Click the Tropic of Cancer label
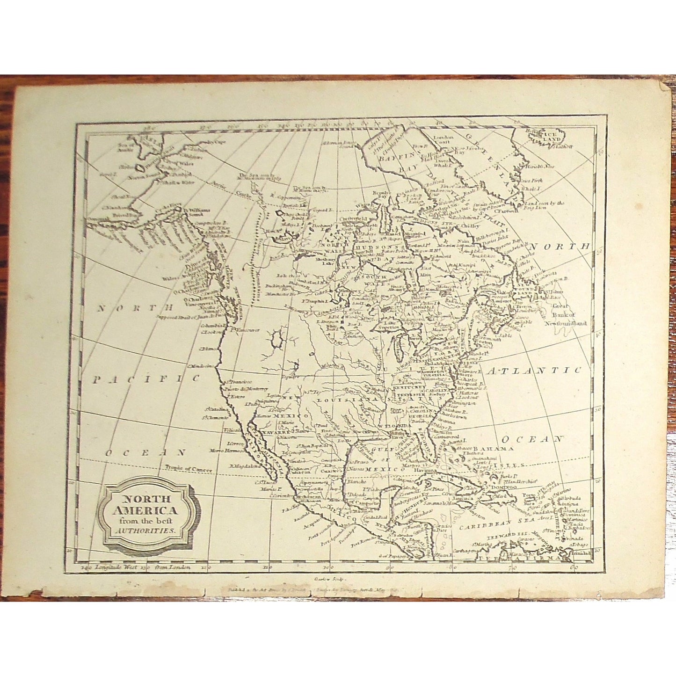coord(188,468)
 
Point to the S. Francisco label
coord(237,382)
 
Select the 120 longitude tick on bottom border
coord(204,568)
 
